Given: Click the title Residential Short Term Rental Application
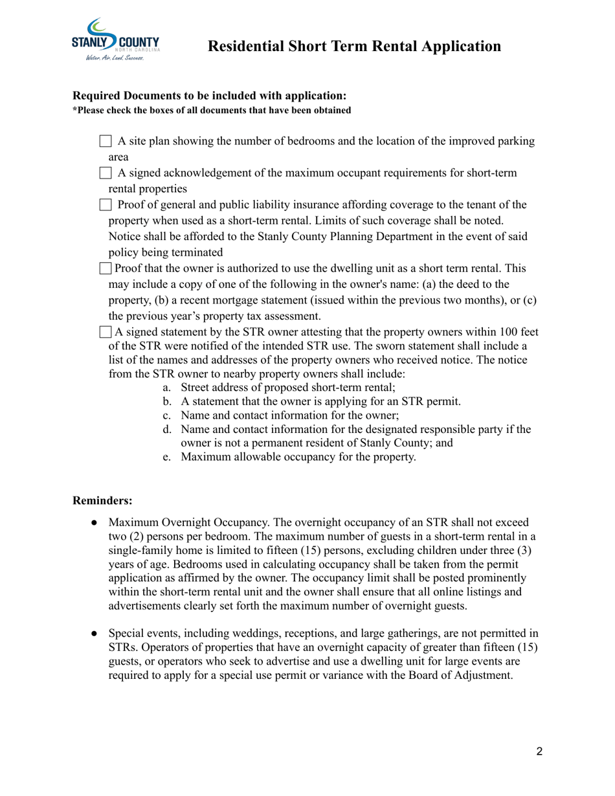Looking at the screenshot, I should (x=354, y=46).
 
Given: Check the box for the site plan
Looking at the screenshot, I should (x=106, y=141).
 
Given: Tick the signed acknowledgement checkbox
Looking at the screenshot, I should (x=106, y=173).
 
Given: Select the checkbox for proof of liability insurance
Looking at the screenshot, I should (x=106, y=205).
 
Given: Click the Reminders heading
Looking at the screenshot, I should (x=102, y=500).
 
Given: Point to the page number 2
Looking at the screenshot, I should (x=539, y=751).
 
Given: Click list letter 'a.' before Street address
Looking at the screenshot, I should (x=166, y=388).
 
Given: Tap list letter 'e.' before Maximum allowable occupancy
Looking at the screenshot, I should (x=166, y=458).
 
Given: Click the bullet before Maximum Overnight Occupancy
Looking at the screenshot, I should (x=95, y=522).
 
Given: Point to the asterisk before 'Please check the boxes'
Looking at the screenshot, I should (x=74, y=109).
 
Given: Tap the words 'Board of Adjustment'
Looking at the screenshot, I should (x=464, y=676).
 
